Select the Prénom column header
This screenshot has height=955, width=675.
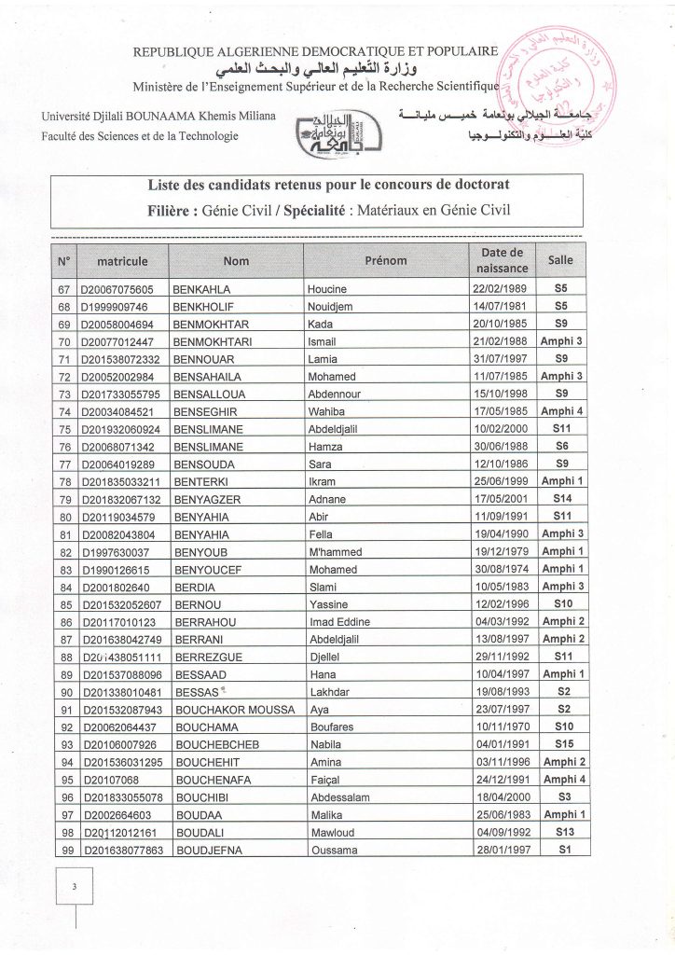tap(385, 261)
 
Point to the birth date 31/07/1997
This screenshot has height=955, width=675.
tap(499, 359)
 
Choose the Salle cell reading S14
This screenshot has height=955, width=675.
tap(561, 500)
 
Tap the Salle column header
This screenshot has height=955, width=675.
tap(561, 261)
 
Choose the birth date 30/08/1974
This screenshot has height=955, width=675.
tap(499, 569)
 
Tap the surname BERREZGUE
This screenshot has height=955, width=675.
tap(206, 657)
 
